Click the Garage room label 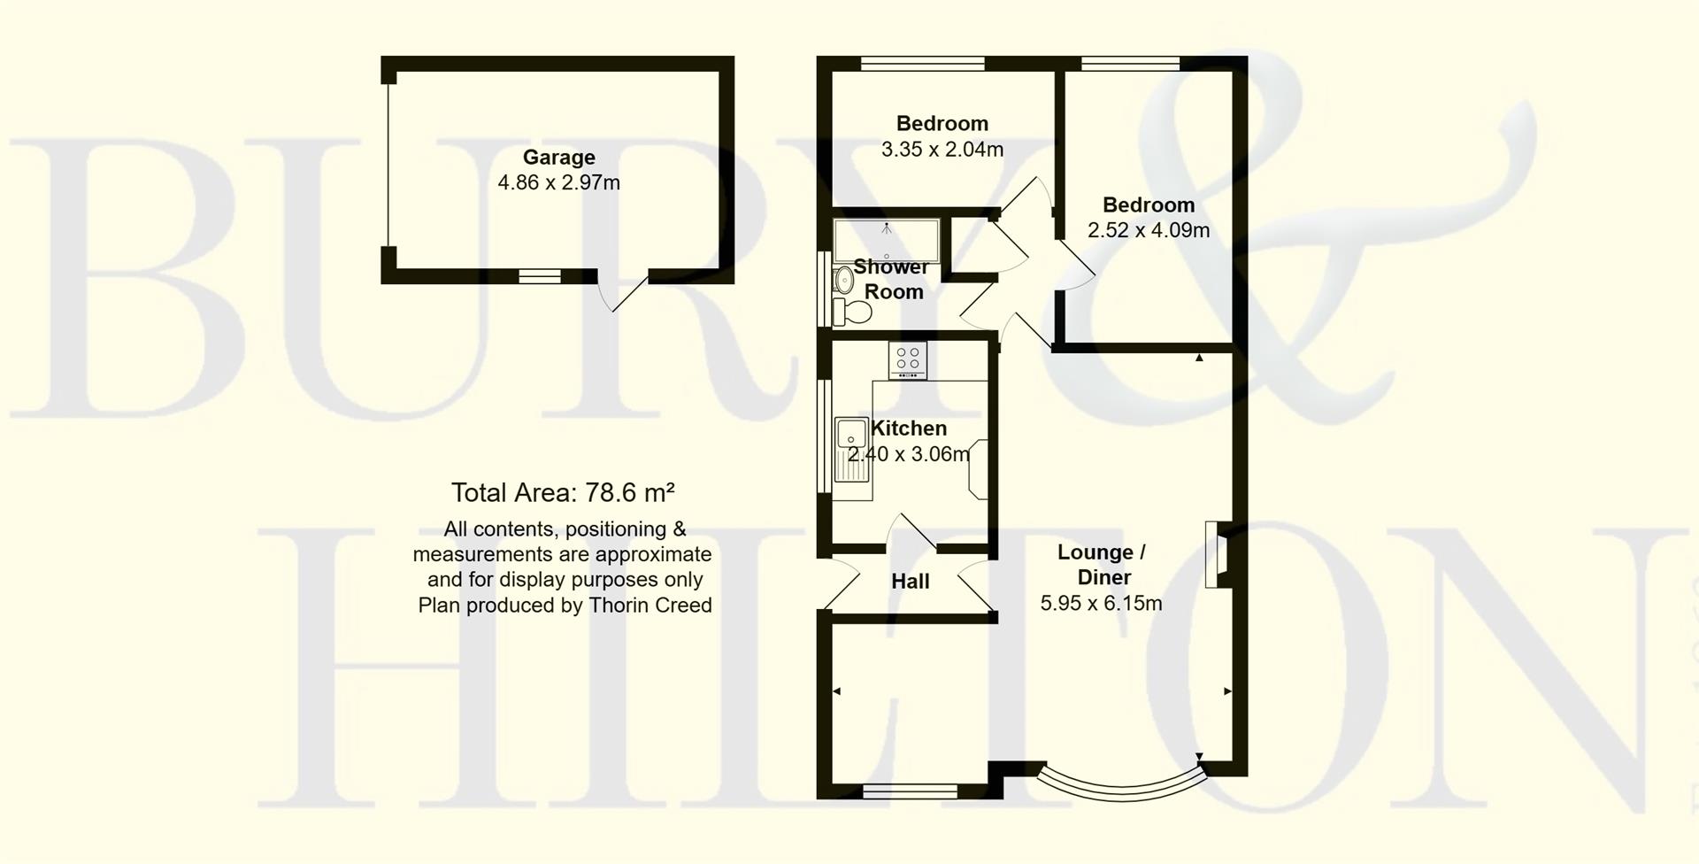558,158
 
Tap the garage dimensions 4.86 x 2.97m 558,183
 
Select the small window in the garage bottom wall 540,277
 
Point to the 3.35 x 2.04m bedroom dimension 942,150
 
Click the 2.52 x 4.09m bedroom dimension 1149,230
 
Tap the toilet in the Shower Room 853,312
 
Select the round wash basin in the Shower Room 841,281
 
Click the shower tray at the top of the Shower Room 886,238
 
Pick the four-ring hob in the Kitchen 908,359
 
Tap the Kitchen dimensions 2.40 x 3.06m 909,454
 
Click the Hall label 910,582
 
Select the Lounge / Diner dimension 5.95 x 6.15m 1101,604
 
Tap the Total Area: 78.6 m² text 563,492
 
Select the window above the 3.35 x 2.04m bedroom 923,63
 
